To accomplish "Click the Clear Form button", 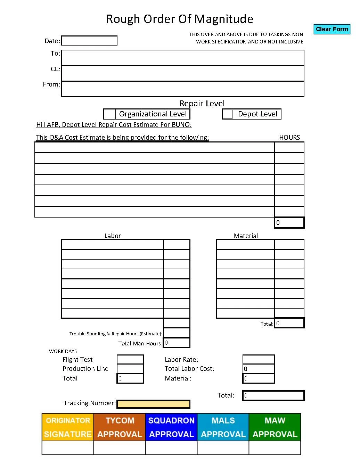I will (332, 29).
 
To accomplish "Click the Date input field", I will (89, 41).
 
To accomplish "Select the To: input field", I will (182, 58).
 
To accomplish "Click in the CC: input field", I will (182, 73).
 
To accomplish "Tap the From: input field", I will (182, 89).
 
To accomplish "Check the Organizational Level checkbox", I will (110, 114).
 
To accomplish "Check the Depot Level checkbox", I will (228, 114).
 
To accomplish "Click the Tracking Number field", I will (153, 404).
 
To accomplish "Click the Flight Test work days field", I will (130, 359).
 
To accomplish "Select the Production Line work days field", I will (130, 368).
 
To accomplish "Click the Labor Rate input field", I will (259, 359).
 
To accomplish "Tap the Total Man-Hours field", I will (177, 343).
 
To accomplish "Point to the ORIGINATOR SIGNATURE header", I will (68, 427).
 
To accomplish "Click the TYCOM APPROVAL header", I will (120, 427).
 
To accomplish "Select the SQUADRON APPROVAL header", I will (171, 427).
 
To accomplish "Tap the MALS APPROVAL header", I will (223, 427).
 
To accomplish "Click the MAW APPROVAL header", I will (275, 427).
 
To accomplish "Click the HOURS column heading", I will (289, 137).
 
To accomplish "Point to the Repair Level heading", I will (202, 104).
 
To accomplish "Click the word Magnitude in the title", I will (223, 19).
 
